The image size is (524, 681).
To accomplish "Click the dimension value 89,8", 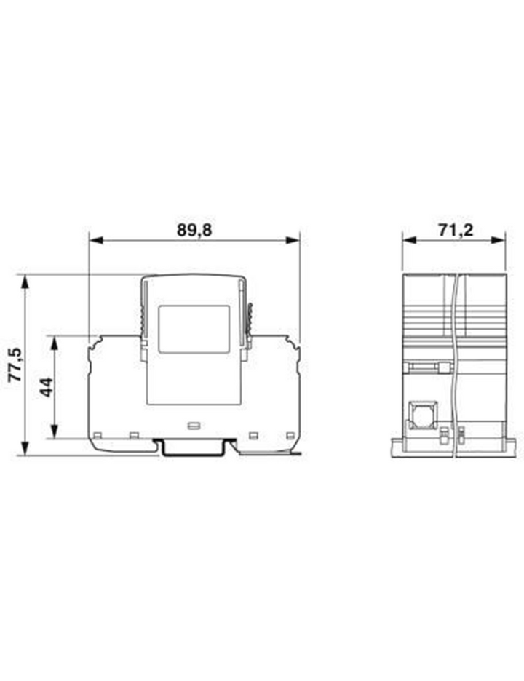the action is click(194, 230).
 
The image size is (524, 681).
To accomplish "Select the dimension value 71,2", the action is click(456, 230).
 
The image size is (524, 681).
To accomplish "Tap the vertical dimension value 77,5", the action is click(16, 365).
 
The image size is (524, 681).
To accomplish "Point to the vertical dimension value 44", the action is click(46, 387).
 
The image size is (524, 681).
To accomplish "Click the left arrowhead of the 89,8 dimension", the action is click(96, 240).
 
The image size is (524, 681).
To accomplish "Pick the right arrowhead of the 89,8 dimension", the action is click(293, 240).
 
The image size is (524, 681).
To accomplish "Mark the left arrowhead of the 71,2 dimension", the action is click(409, 240).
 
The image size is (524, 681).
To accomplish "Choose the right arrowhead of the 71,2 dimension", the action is click(499, 240).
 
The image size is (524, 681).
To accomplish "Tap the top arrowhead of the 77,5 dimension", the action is click(25, 282).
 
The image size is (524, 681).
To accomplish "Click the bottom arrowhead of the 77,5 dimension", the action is click(25, 447).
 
